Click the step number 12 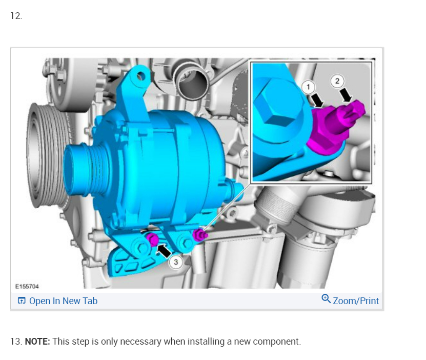click(16, 16)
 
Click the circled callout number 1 click(308, 87)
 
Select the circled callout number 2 click(337, 81)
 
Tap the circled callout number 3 click(175, 262)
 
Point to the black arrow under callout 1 click(317, 100)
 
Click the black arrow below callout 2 click(346, 94)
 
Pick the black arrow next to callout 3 click(164, 250)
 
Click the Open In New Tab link click(63, 301)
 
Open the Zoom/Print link click(356, 301)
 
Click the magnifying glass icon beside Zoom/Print click(326, 299)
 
